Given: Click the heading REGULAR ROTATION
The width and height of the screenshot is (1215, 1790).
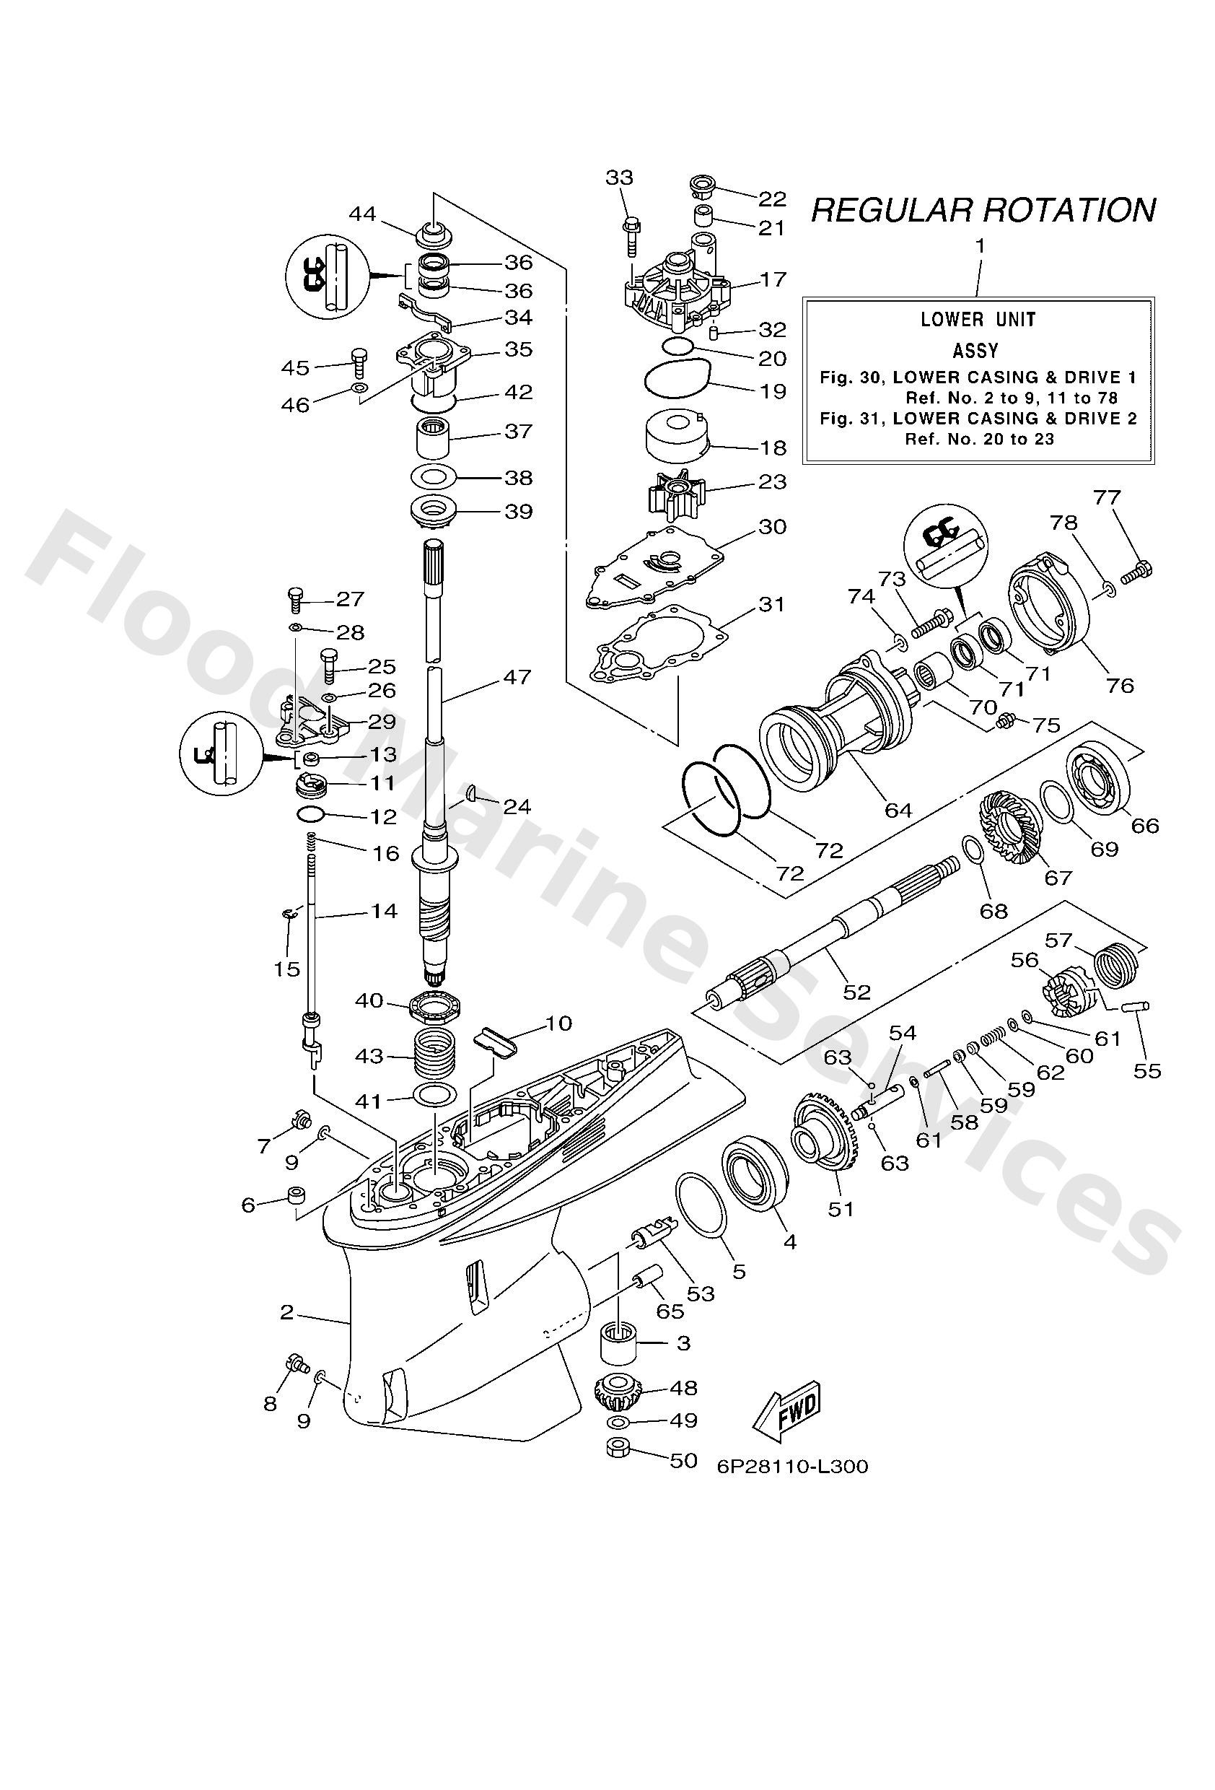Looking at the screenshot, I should pyautogui.click(x=983, y=210).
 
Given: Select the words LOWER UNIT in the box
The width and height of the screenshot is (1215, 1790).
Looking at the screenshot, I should pyautogui.click(x=978, y=320).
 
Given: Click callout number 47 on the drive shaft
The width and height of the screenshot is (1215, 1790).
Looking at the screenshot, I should pyautogui.click(x=517, y=676).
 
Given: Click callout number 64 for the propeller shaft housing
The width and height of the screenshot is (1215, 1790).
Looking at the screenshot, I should pyautogui.click(x=898, y=810).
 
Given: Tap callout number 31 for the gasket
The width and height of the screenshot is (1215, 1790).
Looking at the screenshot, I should pyautogui.click(x=771, y=604).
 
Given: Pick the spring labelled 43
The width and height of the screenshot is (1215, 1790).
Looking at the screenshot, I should pyautogui.click(x=437, y=1055).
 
